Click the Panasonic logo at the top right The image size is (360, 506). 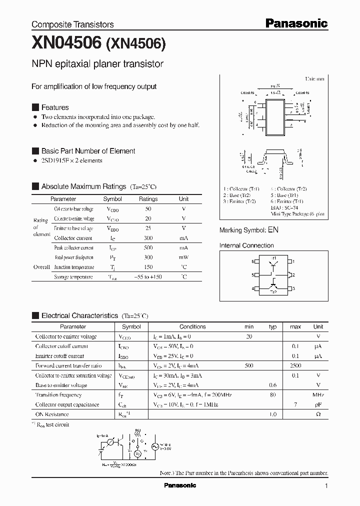pos(296,23)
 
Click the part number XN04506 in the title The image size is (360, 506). pos(67,44)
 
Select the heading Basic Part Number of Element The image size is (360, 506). pos(88,151)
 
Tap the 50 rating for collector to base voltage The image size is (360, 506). pos(148,209)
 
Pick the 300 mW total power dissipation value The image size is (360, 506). pos(148,257)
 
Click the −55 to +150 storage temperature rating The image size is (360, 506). pos(148,277)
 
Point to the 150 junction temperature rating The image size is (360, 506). pos(148,267)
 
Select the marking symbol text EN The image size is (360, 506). pos(273,230)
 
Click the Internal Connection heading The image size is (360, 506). pos(246,245)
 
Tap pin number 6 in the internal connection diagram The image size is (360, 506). pos(253,261)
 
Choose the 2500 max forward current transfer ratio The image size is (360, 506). pos(295,366)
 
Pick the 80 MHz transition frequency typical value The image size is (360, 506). pos(273,395)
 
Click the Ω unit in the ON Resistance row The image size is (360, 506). pos(318,414)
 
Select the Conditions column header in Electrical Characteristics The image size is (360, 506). pos(192,326)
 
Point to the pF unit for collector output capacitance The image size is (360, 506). pos(318,404)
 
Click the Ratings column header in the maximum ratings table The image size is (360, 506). pos(148,199)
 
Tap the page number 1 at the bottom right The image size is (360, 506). pos(326,486)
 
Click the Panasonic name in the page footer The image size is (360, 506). pos(180,485)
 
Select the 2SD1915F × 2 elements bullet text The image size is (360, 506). pos(71,160)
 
